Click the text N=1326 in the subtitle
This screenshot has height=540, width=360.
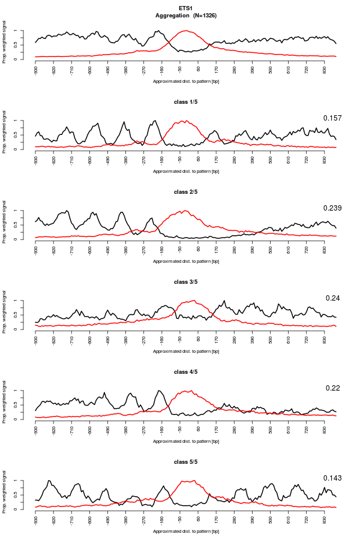coord(205,14)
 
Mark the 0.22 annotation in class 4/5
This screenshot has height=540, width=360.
coord(333,388)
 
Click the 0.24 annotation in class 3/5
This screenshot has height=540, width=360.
coord(333,298)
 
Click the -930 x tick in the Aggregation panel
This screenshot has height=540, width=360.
coord(36,70)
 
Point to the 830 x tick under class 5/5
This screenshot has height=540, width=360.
coord(325,519)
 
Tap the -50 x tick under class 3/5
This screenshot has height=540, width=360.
coord(180,340)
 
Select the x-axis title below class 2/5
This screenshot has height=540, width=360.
coord(185,261)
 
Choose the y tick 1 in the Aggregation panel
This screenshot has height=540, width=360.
coord(23,31)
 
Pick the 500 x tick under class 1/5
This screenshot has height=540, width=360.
coord(271,159)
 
